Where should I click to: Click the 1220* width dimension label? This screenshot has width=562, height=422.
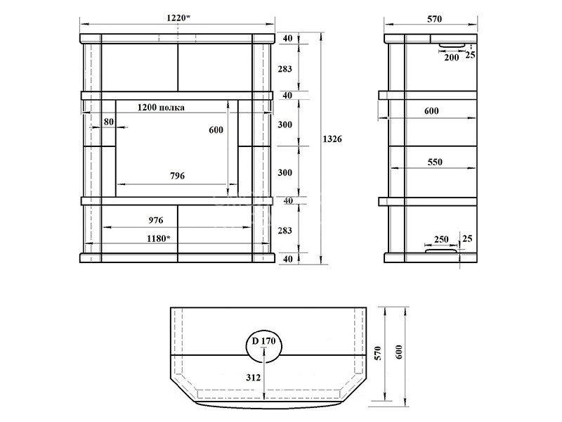tap(178, 18)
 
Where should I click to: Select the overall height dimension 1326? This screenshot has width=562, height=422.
tap(332, 139)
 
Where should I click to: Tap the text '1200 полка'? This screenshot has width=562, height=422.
tap(161, 108)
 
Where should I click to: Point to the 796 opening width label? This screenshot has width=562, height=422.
tap(178, 175)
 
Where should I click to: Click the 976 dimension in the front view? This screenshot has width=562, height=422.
tap(156, 220)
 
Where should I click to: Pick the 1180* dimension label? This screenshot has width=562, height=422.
tap(159, 238)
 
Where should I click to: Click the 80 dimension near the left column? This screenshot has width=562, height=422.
tap(109, 122)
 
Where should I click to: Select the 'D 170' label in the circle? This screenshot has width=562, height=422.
tap(264, 340)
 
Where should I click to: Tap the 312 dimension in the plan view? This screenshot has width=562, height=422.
tap(254, 378)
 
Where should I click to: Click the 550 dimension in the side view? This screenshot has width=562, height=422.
tap(435, 162)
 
